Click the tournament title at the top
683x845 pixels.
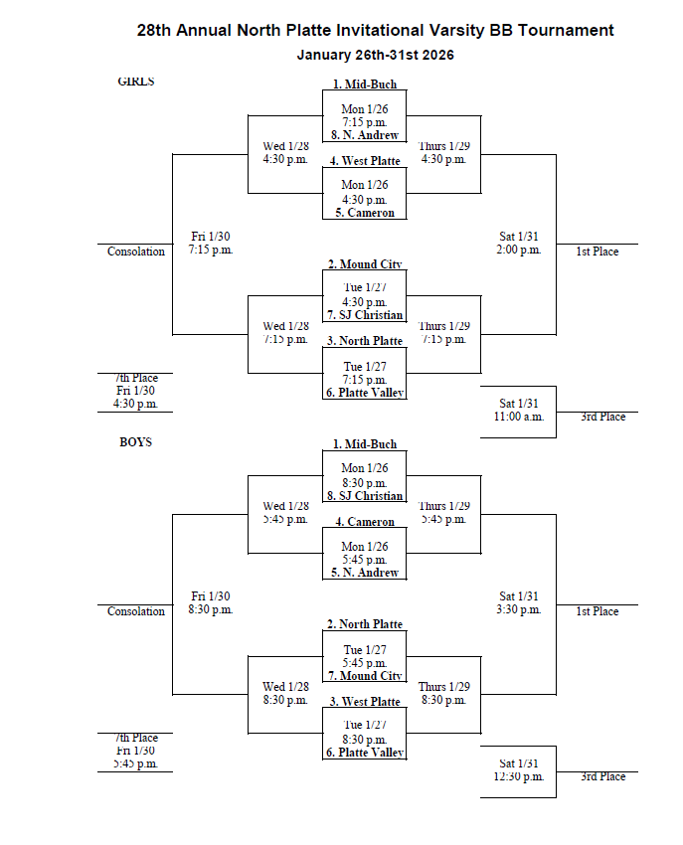point(375,31)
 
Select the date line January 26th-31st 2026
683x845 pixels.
point(375,56)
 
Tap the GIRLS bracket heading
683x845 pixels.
point(136,83)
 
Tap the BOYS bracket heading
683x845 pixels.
point(136,442)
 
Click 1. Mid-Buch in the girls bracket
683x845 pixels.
point(364,84)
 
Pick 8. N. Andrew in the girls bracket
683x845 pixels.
point(364,135)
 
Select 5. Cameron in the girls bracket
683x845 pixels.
point(364,213)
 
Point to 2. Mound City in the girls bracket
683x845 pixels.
point(364,264)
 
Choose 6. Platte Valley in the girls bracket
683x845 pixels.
point(364,393)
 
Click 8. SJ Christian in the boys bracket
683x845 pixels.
point(364,496)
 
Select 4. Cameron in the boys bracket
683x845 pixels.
point(364,522)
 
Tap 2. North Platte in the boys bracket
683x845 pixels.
point(364,624)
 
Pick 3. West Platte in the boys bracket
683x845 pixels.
point(364,702)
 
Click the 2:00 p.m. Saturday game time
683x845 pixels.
point(519,251)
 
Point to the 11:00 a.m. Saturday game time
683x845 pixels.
point(519,418)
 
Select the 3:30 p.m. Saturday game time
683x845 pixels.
point(519,610)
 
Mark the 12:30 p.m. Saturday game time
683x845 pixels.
point(519,777)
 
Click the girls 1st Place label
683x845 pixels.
point(597,253)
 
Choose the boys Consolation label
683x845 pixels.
point(136,612)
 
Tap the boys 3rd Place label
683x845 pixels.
point(602,777)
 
